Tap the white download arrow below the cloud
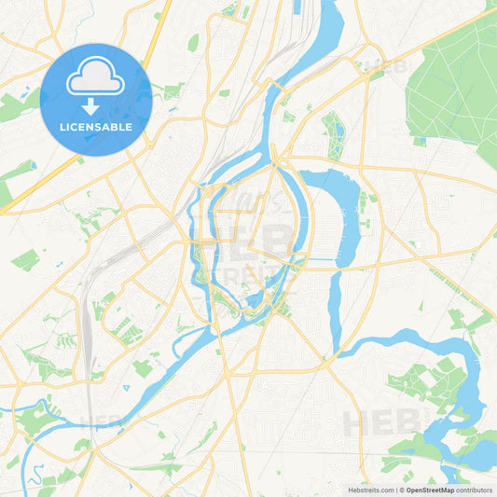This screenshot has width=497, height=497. pyautogui.click(x=95, y=103)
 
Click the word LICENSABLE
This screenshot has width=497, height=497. pyautogui.click(x=95, y=126)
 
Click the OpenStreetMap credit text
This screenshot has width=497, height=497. pyautogui.click(x=430, y=489)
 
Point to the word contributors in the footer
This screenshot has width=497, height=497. pyautogui.click(x=475, y=489)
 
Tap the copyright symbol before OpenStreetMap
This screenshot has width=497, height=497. pyautogui.click(x=401, y=489)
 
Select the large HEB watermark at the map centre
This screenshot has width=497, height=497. pyautogui.click(x=252, y=244)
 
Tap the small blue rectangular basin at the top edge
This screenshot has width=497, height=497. pyautogui.click(x=297, y=7)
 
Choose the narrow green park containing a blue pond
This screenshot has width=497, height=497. pyautogui.click(x=333, y=135)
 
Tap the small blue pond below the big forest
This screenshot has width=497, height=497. pyautogui.click(x=421, y=141)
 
